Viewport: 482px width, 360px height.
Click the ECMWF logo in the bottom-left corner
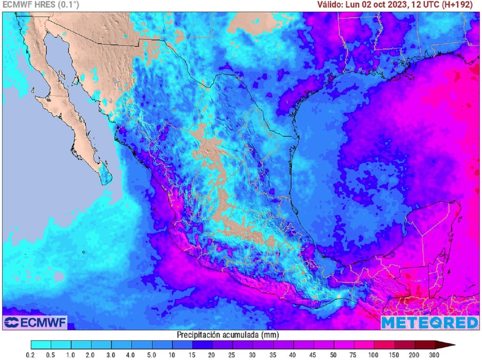35,322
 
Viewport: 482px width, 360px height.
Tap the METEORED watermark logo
429,322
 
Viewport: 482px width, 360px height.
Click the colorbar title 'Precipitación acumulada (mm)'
228,335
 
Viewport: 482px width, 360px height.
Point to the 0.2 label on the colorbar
31,354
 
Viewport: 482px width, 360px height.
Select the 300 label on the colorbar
434,354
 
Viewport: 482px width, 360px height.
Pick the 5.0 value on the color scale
152,354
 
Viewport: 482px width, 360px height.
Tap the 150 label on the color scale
394,354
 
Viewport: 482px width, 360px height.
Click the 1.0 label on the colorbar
72,354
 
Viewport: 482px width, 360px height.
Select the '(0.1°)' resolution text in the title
68,5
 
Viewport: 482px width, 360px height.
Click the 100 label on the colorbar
373,354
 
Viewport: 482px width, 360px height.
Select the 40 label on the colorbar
293,354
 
